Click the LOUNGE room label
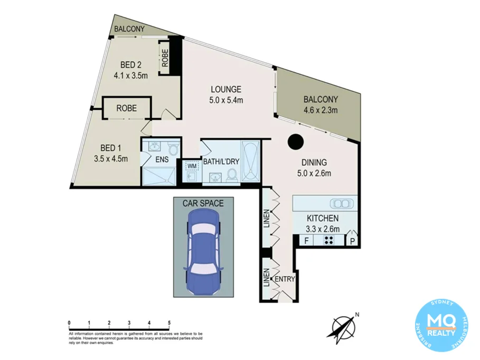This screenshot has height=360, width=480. click(227, 89)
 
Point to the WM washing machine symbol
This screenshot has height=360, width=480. click(191, 166)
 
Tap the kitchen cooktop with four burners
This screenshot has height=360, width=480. click(328, 241)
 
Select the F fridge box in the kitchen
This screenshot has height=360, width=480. click(305, 241)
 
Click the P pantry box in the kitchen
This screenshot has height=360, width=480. click(353, 241)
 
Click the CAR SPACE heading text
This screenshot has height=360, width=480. click(203, 203)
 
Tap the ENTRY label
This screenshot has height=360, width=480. click(284, 279)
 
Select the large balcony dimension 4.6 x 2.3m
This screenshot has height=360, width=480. click(321, 110)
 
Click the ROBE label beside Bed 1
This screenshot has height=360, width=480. click(127, 108)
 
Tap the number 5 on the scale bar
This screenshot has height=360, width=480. click(169, 323)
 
